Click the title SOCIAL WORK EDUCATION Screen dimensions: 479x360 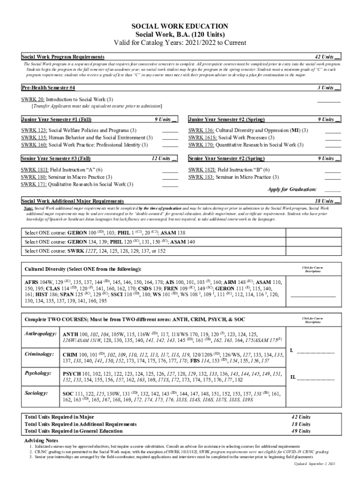click(180, 26)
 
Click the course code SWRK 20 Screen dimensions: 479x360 click(33, 100)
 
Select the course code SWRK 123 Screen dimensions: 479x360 click(34, 130)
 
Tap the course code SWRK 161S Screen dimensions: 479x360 click(202, 138)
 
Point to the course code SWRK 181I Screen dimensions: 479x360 click(34, 170)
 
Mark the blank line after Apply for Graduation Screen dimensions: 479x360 click(332, 190)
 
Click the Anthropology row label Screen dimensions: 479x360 click(41, 334)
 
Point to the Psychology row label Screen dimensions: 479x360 click(39, 374)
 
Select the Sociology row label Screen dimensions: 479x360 click(38, 394)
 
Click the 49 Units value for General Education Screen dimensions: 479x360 click(301, 431)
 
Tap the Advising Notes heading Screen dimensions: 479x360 click(41, 441)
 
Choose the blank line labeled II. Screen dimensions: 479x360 click(312, 377)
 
